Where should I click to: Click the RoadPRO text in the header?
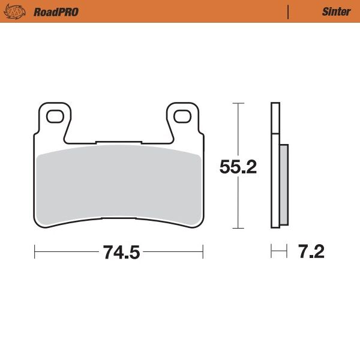56,11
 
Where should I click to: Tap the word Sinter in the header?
336,11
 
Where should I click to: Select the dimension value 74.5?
121,252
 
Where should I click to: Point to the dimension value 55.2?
238,166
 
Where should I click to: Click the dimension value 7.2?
311,251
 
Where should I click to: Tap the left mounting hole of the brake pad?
55,115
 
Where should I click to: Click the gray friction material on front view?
119,183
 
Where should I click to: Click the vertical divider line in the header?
288,11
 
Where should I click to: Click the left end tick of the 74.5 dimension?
35,252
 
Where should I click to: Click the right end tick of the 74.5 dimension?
203,252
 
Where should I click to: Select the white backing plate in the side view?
275,120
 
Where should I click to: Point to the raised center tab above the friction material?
119,144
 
